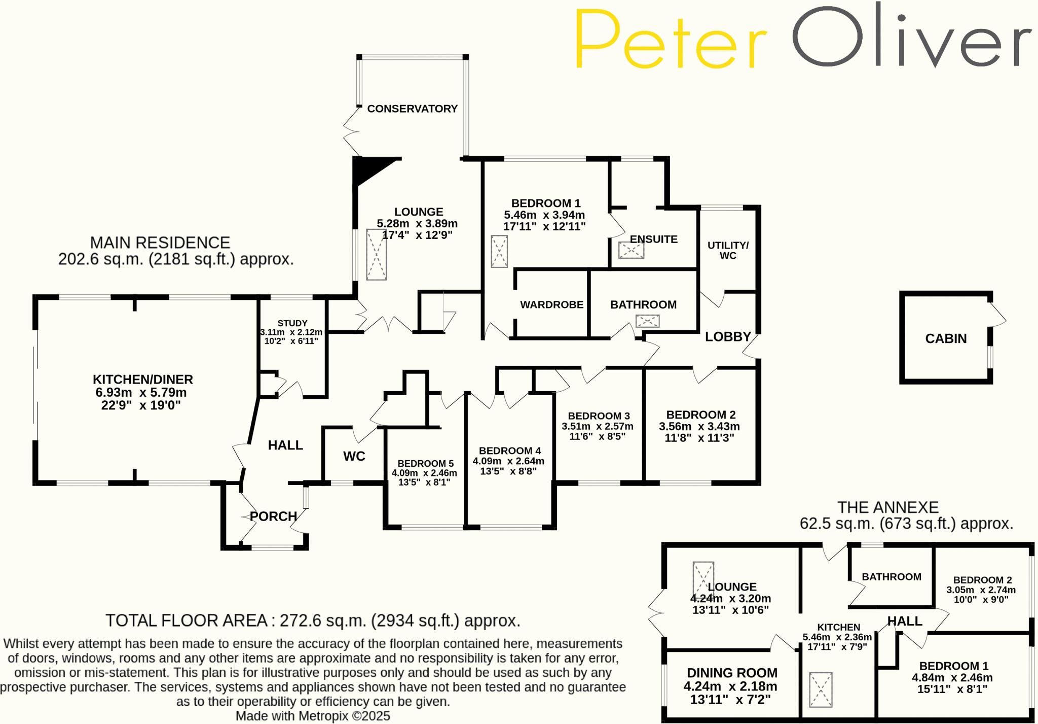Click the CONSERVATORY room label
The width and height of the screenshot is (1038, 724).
[412, 109]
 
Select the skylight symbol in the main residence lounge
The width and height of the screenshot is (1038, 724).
[377, 255]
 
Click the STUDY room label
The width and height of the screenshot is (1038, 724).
[292, 323]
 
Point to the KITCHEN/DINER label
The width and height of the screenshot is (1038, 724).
[142, 380]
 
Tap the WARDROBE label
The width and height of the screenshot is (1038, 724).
[551, 305]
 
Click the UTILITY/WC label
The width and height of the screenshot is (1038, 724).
[728, 250]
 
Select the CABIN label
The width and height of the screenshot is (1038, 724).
[946, 338]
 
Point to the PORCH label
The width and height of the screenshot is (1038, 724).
[274, 516]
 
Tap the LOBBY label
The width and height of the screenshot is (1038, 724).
[728, 337]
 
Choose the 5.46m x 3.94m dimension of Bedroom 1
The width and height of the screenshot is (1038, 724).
[544, 215]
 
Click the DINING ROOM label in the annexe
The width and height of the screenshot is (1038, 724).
[731, 673]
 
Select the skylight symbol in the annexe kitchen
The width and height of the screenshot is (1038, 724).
[821, 689]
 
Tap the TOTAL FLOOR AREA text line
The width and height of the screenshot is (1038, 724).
[313, 620]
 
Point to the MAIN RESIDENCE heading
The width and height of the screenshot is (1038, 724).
[160, 243]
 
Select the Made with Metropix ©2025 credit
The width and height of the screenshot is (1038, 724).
[313, 716]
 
